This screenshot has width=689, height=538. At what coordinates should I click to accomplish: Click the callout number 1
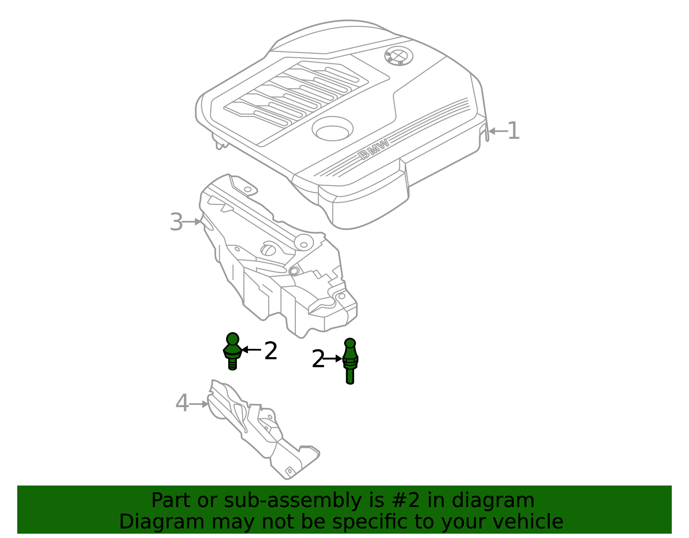point(514,131)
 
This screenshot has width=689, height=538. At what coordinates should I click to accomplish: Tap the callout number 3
point(176,222)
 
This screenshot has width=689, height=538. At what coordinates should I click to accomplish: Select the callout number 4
point(182,403)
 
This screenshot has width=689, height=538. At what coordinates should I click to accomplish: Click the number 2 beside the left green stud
point(271,351)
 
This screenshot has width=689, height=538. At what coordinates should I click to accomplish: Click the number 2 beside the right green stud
point(318,358)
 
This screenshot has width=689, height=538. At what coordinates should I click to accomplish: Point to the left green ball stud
point(233,351)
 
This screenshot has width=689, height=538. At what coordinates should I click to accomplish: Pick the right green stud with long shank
point(350,361)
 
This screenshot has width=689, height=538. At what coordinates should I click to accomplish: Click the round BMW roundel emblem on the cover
point(399,56)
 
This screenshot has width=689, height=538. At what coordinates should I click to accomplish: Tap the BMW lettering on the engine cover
point(373,149)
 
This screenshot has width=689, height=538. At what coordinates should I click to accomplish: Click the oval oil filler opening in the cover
point(332,129)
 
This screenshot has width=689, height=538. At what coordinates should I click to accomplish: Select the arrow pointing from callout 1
point(498,131)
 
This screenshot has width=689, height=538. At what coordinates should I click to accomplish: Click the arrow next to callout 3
point(192,221)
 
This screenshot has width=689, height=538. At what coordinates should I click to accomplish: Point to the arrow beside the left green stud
point(251,350)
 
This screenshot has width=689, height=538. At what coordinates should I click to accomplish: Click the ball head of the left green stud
point(233,339)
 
